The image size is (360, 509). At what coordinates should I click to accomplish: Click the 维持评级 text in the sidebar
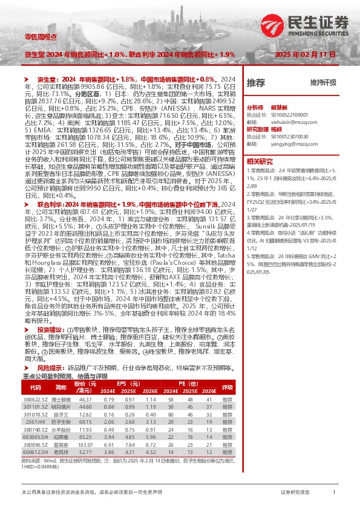click(323, 82)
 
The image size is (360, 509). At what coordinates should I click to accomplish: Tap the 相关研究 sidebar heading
click(260, 161)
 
